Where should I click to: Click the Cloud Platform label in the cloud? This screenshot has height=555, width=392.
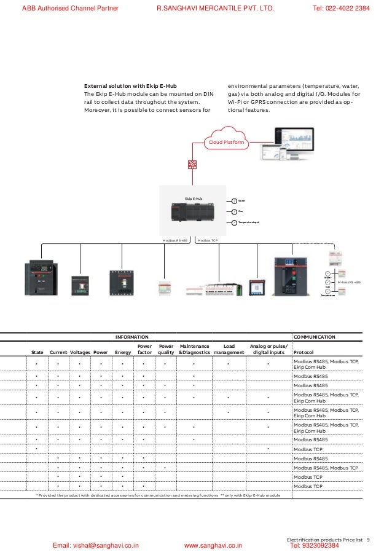point(225,143)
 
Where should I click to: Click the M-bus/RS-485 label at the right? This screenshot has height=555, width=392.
point(349,282)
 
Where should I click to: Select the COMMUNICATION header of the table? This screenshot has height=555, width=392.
point(315,337)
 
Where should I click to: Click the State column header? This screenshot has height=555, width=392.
point(37,352)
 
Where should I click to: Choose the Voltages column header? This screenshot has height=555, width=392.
point(80,352)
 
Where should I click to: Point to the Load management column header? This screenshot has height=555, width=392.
point(229,349)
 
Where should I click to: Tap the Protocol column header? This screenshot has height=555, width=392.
point(305,352)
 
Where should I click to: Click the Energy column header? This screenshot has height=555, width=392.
point(123,352)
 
